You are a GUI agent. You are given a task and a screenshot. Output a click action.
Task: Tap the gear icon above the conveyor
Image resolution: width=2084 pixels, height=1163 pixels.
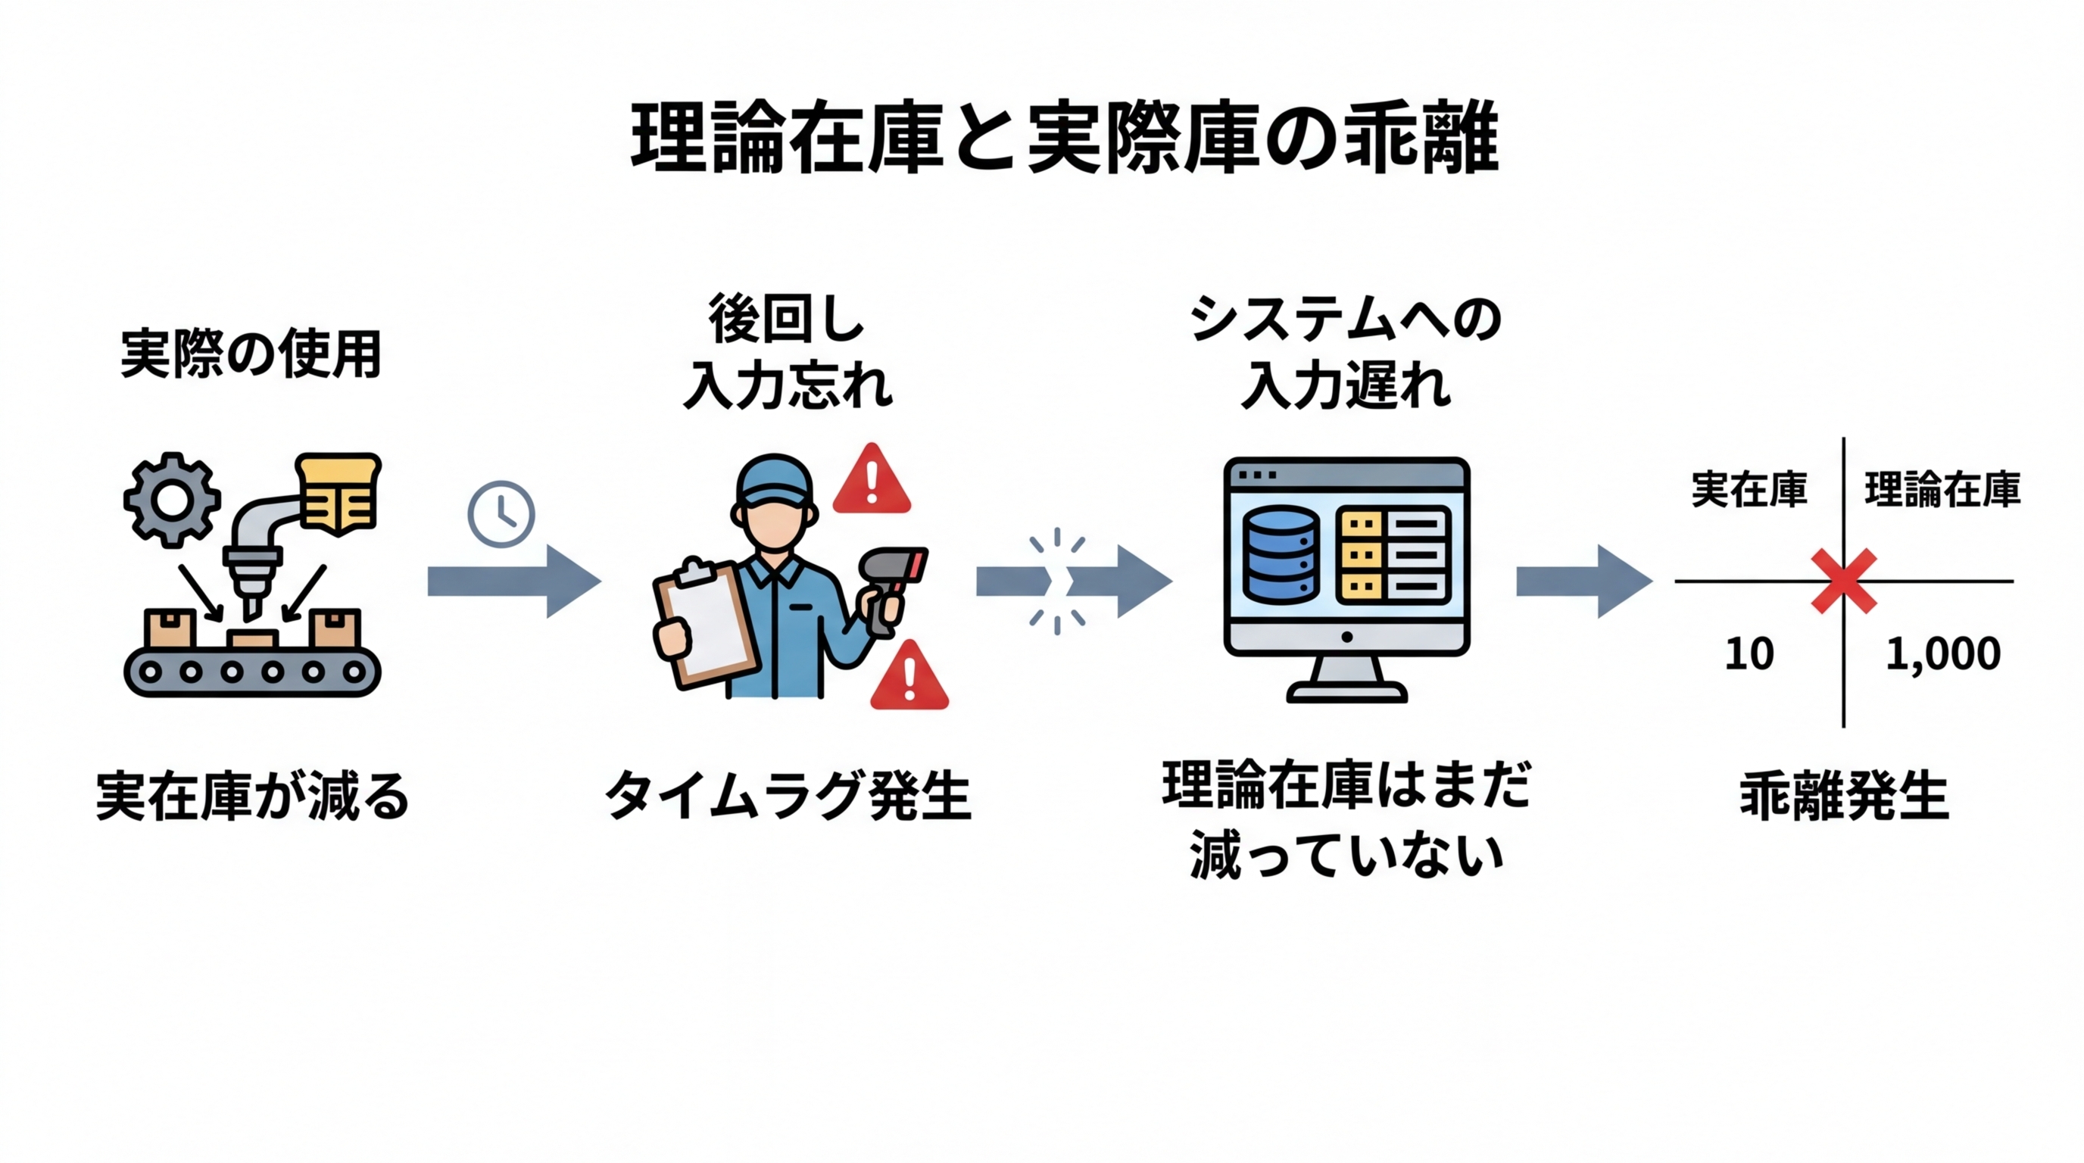[171, 499]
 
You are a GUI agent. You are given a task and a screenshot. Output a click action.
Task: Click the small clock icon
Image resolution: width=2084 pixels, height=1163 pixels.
[501, 514]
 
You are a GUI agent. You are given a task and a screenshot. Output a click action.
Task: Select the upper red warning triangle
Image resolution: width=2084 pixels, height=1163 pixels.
[872, 483]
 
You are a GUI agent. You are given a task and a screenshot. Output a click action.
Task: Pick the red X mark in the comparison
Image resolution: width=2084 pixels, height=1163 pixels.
[1843, 581]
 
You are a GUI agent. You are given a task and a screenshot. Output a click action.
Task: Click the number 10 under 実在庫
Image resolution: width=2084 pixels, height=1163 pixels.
[1749, 653]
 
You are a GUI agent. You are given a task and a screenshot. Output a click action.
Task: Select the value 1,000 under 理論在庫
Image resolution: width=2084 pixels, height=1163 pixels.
[1942, 653]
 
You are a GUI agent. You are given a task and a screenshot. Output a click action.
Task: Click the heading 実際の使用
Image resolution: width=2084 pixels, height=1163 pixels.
[251, 354]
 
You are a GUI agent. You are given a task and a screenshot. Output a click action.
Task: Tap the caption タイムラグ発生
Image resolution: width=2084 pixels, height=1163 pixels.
[788, 797]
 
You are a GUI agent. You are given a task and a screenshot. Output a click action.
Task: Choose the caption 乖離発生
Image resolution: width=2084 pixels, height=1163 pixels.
[1843, 797]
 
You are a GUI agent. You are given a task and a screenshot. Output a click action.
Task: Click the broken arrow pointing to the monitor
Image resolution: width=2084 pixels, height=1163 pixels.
[1076, 581]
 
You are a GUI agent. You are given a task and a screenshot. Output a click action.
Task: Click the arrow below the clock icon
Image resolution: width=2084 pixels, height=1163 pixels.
[513, 581]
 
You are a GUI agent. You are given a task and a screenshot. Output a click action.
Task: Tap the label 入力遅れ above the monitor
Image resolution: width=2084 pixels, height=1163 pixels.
[1346, 387]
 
